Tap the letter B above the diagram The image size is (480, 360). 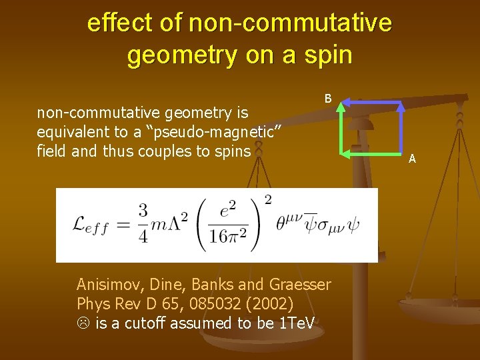coord(328,99)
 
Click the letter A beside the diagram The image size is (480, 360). coord(412,159)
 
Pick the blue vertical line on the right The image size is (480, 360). coord(401,130)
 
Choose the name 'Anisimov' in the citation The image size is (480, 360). coord(107,285)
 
